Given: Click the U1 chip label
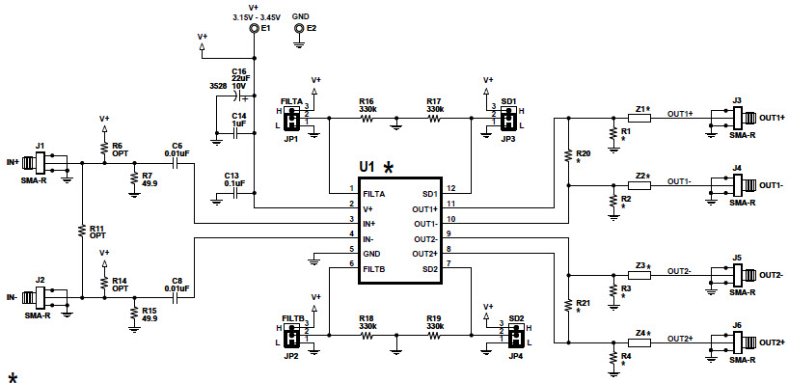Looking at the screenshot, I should tap(367, 167).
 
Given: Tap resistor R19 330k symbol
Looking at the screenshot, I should tap(434, 336).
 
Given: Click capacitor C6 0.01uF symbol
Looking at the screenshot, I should tap(177, 163).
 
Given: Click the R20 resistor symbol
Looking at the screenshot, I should tap(568, 154).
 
